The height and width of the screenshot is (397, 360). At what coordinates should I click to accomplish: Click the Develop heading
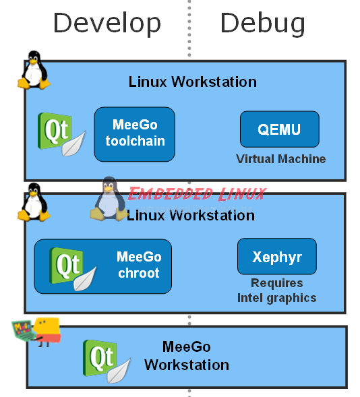click(107, 24)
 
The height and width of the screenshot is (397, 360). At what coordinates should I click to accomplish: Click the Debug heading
click(263, 24)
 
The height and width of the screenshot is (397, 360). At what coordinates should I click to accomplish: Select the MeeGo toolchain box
click(135, 134)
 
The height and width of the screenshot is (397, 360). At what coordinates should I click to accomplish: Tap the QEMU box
click(280, 129)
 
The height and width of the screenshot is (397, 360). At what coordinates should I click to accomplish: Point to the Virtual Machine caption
click(280, 159)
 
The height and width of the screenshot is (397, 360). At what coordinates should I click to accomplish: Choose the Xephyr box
click(277, 257)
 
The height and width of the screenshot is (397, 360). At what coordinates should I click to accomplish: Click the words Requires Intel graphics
click(276, 291)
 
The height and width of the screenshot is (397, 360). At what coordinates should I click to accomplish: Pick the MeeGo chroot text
click(139, 265)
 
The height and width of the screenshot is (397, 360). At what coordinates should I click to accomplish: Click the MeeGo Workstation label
click(187, 356)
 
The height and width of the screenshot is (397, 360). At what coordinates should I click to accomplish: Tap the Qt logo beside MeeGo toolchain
click(61, 134)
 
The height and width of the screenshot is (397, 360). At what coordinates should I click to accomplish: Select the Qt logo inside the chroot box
click(73, 269)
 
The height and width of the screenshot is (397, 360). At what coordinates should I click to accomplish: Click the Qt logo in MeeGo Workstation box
click(107, 361)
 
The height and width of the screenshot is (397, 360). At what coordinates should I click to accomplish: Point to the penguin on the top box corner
click(34, 70)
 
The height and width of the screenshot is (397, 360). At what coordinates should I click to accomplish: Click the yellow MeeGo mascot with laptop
click(36, 332)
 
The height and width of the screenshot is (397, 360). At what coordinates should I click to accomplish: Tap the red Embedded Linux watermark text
click(197, 194)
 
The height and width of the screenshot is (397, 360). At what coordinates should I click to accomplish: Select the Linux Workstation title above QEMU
click(193, 82)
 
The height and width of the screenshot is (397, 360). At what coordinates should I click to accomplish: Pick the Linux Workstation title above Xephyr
click(191, 216)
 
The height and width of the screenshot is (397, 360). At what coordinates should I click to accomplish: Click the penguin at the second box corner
click(34, 202)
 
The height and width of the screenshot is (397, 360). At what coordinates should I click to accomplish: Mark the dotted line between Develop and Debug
click(189, 28)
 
